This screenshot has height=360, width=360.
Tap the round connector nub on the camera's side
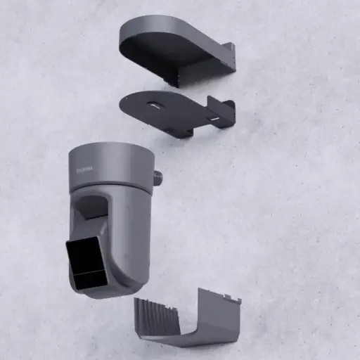pos(157,179)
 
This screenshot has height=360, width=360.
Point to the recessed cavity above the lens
pos(91,207)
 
